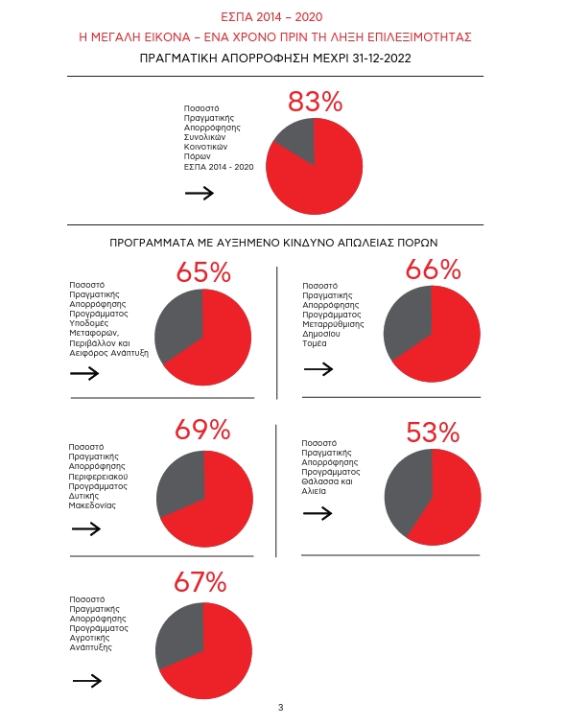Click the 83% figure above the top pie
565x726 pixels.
315,102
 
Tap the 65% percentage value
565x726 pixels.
203,271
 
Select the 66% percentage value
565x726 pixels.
433,269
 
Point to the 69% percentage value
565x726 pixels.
202,430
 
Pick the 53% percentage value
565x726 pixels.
433,433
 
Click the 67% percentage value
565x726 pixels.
200,582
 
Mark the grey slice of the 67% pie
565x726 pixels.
178,632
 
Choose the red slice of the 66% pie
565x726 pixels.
444,342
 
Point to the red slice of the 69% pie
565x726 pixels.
215,509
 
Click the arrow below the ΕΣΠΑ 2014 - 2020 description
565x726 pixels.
200,193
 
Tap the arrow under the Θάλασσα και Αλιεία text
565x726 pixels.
318,513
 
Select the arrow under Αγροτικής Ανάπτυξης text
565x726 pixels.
87,681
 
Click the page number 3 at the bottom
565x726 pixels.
281,708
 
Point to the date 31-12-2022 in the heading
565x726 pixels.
382,59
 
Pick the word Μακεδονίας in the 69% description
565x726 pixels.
92,505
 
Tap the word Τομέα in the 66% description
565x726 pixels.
315,343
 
